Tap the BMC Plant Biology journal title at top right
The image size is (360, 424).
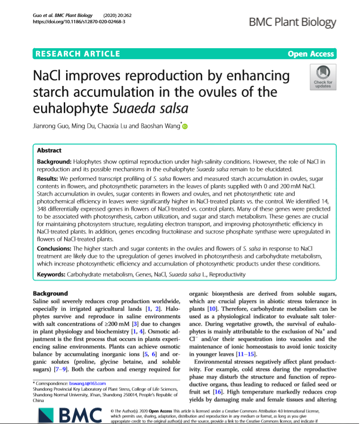click(x=292, y=22)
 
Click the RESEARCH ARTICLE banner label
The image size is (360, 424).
click(x=78, y=54)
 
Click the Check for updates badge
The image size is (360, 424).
click(x=323, y=77)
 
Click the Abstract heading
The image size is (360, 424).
click(x=49, y=151)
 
